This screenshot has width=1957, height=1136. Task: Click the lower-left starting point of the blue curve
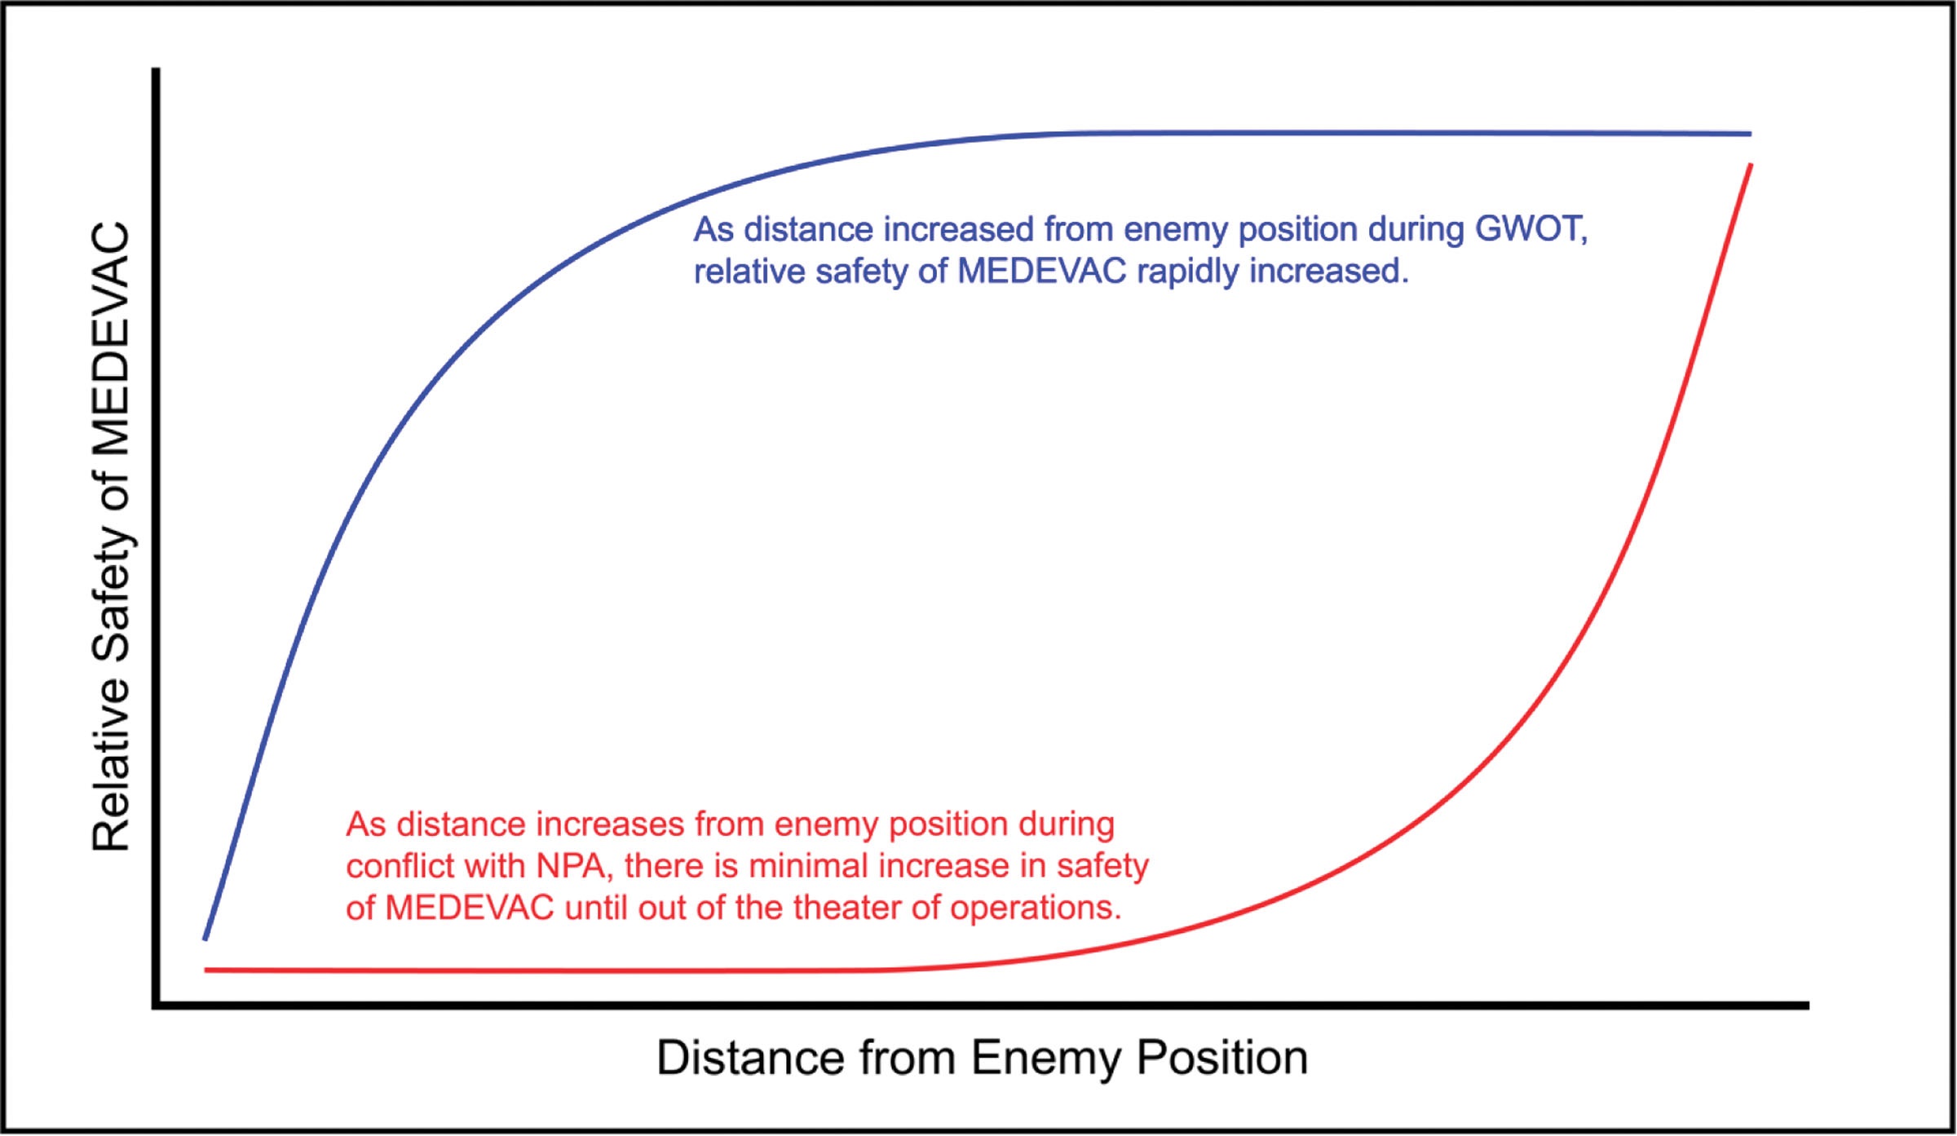pos(205,939)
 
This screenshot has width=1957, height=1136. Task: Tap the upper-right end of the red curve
pos(1750,166)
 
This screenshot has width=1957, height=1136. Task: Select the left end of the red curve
pos(206,970)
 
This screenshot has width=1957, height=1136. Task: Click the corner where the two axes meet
pos(156,1006)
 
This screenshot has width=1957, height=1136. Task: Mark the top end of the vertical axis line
pos(156,70)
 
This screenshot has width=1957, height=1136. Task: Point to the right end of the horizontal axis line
pos(1807,1006)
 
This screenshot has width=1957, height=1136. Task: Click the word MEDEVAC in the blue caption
pos(1041,272)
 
